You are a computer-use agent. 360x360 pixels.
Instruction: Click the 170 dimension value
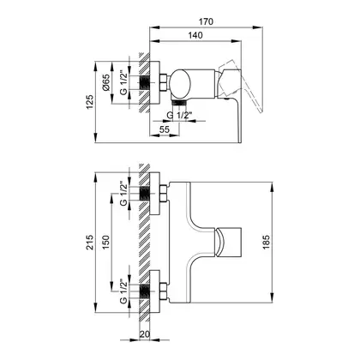206,21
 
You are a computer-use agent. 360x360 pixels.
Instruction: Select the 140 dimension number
195,35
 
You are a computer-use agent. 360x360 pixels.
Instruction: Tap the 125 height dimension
90,102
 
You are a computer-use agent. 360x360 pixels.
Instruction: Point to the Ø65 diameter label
105,82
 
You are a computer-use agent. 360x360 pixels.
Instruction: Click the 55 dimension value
165,129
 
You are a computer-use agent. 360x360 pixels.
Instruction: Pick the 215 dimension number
90,243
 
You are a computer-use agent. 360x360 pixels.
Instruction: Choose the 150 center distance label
105,243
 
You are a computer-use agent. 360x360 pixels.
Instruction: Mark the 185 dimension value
266,243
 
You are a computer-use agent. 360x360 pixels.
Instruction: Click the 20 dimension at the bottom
145,334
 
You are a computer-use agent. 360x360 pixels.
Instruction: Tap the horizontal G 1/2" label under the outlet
179,115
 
